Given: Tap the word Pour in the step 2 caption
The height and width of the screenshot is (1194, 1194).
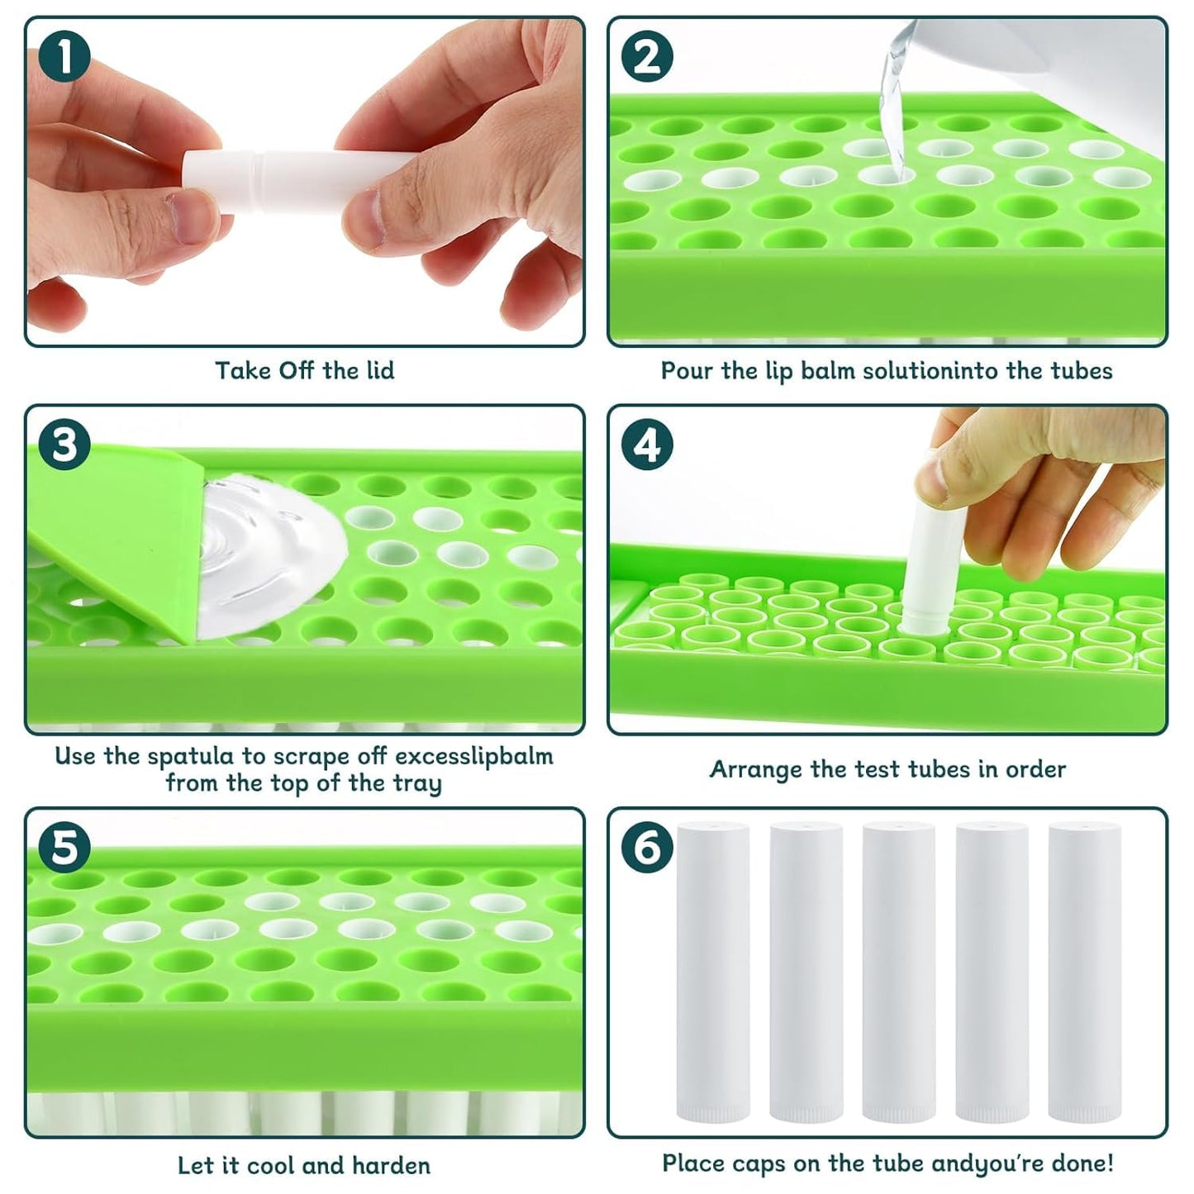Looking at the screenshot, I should [687, 370].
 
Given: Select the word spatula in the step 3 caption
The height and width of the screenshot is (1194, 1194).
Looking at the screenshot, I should [196, 756].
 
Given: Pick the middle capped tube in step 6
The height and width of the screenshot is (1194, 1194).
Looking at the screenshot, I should [898, 971].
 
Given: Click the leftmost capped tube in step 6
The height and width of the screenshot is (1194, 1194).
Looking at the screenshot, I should [712, 971].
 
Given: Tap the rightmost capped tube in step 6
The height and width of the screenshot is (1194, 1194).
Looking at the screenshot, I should [1084, 971].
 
